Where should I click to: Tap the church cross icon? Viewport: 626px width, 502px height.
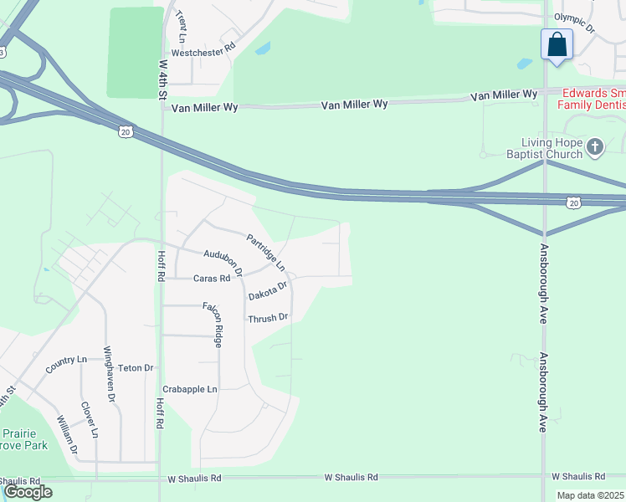(x=595, y=148)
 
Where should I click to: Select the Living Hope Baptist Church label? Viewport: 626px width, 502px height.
(x=544, y=148)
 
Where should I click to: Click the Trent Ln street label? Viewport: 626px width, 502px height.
(x=181, y=27)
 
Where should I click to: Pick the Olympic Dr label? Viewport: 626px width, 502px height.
(x=573, y=23)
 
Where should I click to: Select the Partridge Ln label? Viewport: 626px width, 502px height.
(x=265, y=252)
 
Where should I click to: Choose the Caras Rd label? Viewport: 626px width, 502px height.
(x=211, y=279)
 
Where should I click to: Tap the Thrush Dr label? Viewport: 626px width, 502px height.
(x=268, y=318)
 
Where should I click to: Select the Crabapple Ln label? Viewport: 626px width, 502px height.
(x=190, y=390)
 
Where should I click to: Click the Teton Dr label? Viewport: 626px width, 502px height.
(x=136, y=368)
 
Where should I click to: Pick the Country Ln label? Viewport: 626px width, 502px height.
(x=66, y=361)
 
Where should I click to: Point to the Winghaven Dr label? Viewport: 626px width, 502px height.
(x=108, y=374)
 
